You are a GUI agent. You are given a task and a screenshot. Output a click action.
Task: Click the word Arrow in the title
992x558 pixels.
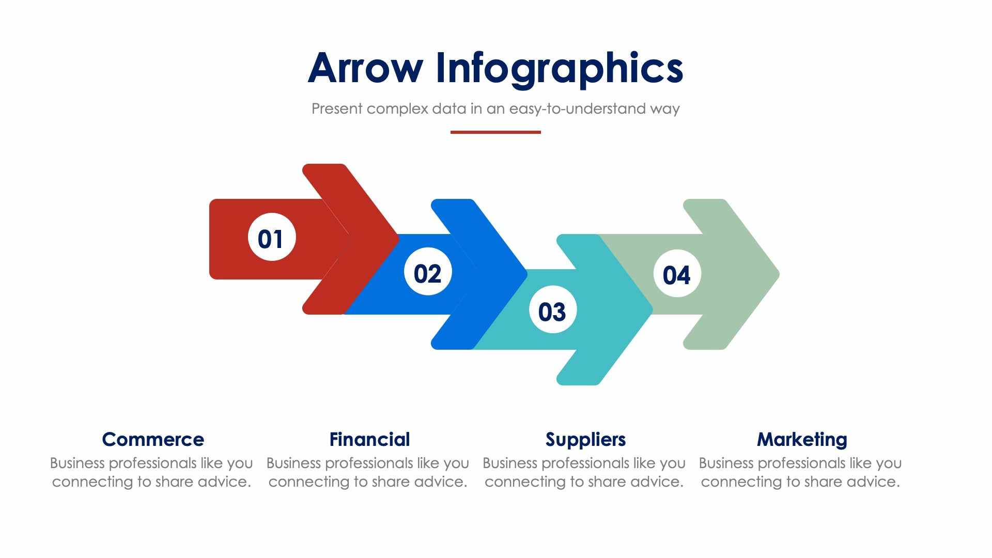point(365,68)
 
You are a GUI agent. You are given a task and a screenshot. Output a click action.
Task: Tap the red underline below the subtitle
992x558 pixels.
point(495,132)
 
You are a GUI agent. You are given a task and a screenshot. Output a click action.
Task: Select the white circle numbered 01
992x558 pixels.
point(272,237)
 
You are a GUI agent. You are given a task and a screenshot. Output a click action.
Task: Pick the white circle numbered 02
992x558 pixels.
point(428,272)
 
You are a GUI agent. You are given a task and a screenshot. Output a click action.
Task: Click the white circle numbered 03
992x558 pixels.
point(553,309)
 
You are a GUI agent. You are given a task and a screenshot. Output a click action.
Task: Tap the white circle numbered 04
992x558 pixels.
point(677,273)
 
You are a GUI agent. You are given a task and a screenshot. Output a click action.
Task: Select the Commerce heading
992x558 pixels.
point(153,440)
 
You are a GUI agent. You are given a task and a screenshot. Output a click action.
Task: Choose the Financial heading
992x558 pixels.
point(369,440)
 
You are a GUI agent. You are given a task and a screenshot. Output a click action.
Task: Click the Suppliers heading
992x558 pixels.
point(585,440)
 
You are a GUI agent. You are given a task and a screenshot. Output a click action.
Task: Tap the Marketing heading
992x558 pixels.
point(802,440)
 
